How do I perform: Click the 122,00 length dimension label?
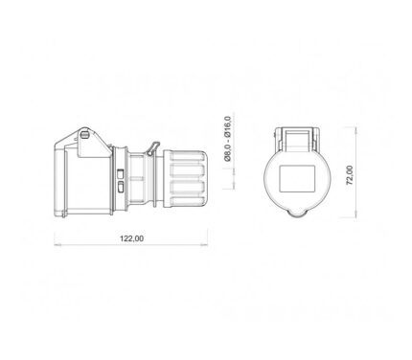(131, 238)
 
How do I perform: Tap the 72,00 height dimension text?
(350, 175)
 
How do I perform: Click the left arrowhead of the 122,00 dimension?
(57, 245)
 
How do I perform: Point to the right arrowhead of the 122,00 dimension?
(204, 245)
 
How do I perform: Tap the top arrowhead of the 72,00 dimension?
(356, 130)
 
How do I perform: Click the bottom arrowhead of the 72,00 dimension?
(356, 214)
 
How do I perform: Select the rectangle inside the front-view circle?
(297, 179)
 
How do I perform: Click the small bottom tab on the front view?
(297, 214)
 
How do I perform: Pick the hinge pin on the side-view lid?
(84, 135)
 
